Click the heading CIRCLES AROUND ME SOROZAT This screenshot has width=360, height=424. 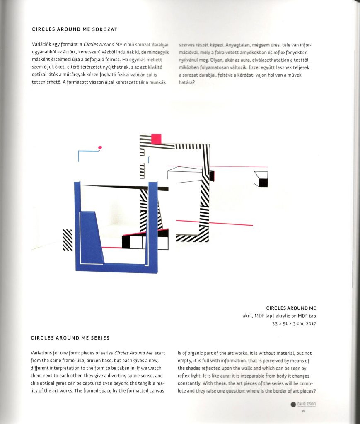click(74, 29)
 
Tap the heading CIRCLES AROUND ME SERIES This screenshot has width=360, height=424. click(70, 338)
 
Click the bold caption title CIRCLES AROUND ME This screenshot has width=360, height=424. click(291, 308)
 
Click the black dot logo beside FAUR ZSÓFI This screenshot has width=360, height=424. click(293, 404)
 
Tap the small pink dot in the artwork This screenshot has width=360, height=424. click(100, 147)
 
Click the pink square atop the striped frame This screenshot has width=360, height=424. click(156, 138)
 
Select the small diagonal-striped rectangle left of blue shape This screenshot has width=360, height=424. click(68, 240)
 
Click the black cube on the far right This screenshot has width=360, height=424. click(263, 182)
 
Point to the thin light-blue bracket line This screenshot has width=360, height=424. click(87, 152)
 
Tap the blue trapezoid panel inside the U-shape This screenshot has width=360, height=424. click(90, 236)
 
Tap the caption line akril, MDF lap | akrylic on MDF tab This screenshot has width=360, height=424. click(279, 316)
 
